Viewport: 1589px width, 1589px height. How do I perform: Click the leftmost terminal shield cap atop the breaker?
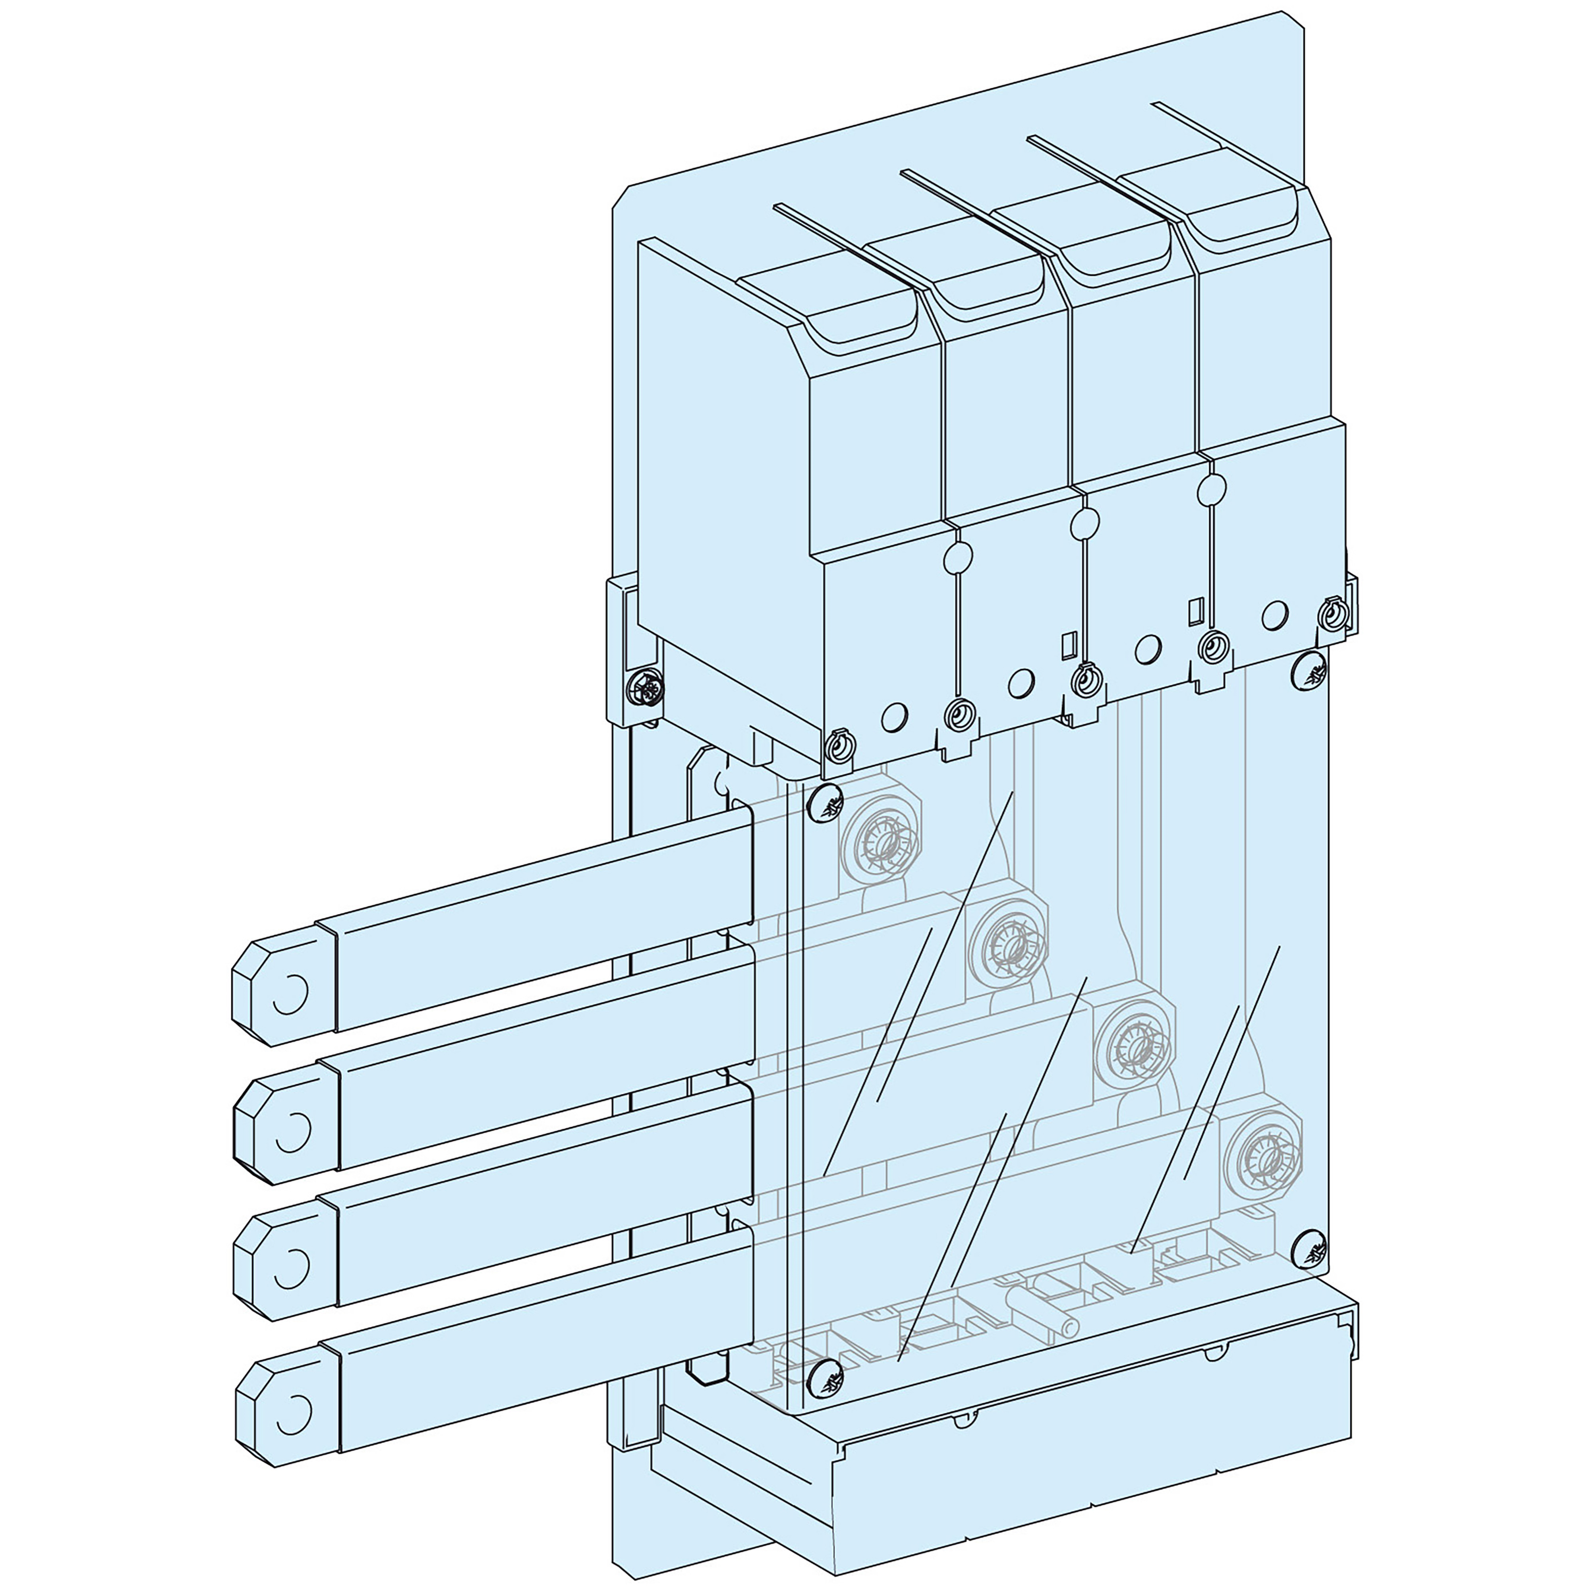click(x=827, y=296)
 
